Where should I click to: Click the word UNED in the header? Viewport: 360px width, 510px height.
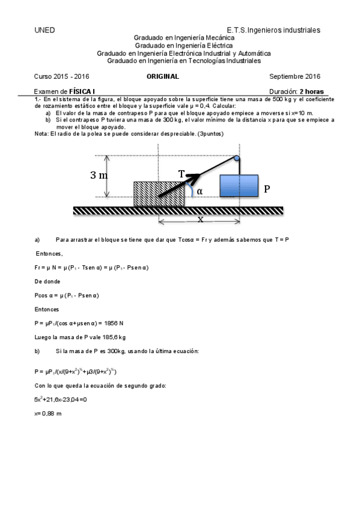(45, 30)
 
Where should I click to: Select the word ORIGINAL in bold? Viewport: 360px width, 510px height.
(163, 77)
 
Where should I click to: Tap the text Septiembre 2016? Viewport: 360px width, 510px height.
(295, 77)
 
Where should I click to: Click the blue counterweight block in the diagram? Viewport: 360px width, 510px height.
(239, 185)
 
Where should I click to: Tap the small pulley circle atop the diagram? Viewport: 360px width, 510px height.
(237, 159)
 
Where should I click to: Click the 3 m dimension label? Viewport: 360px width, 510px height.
(99, 176)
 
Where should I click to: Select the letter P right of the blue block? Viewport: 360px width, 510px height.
(267, 188)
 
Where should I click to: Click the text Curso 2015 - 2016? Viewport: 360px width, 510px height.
(62, 77)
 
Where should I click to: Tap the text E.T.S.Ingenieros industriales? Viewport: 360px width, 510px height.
(273, 30)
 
